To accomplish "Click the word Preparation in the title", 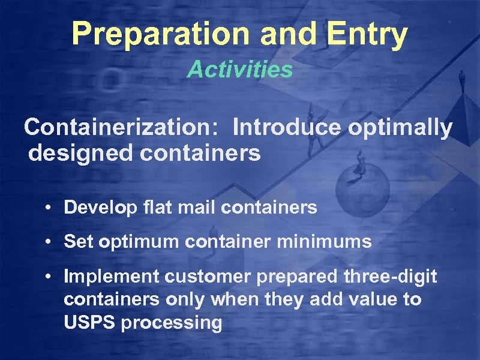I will (x=161, y=35).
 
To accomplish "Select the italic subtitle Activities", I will (x=240, y=70).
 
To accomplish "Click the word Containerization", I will (x=124, y=127).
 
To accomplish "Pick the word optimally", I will (x=403, y=128).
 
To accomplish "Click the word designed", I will (x=79, y=154).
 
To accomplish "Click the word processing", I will (x=172, y=323).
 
